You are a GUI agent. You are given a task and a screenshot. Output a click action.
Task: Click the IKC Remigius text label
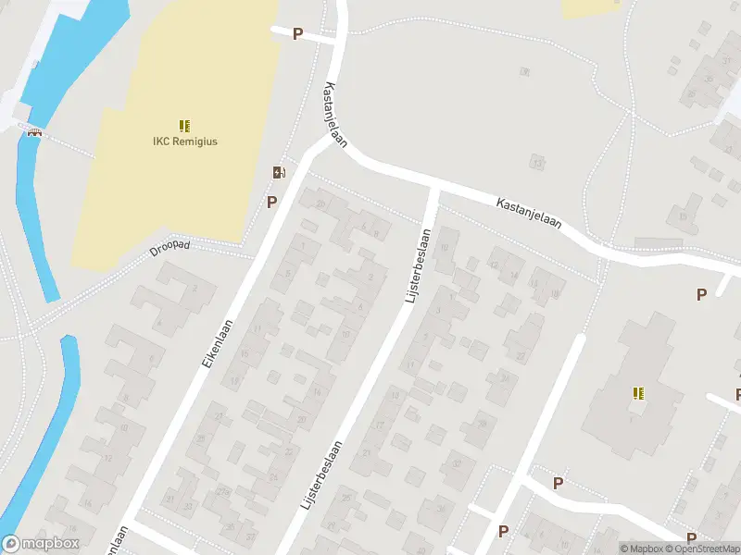[184, 142]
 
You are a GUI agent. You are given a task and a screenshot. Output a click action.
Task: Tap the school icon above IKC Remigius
[184, 125]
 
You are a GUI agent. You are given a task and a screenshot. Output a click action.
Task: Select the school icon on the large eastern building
[638, 393]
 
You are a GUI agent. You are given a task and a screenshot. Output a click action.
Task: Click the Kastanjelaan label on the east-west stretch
[528, 212]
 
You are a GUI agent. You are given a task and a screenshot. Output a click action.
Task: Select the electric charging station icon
[278, 172]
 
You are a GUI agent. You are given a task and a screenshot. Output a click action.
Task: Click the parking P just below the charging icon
[272, 202]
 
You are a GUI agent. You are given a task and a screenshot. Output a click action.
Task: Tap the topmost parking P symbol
[297, 34]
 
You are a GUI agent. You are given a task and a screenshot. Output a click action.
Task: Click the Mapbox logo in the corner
[41, 544]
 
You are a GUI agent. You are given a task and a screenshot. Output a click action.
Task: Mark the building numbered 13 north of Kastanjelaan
[536, 163]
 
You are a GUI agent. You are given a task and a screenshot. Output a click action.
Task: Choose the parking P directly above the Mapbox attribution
[691, 537]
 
